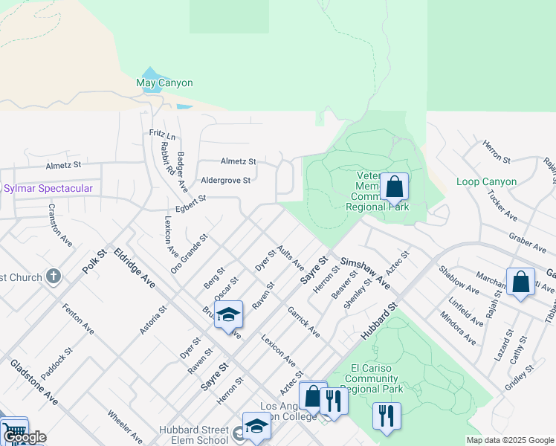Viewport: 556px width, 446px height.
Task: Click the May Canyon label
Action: tap(164, 83)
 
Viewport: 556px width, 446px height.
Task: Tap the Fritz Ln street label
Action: tap(161, 135)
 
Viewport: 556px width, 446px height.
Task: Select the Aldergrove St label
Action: tap(226, 180)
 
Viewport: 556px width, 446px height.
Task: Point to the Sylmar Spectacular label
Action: tap(48, 189)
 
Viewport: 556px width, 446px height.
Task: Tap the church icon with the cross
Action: tap(53, 277)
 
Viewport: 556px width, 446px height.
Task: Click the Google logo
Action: tap(24, 437)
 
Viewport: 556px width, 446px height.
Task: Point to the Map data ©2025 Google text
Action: tap(509, 440)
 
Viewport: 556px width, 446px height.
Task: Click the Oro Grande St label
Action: tap(188, 253)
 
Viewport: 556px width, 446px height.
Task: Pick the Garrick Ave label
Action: tap(304, 322)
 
